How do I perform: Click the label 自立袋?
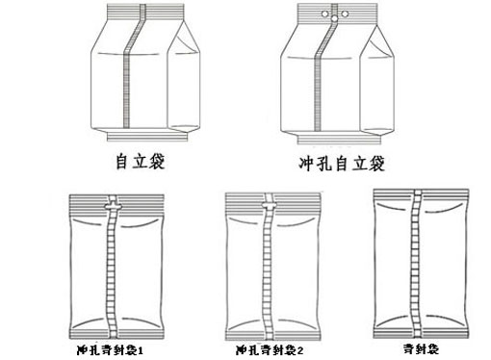coord(138,158)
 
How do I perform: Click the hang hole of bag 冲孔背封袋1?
coord(114,205)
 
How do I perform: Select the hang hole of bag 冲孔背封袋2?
coord(271,205)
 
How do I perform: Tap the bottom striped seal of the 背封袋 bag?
coord(415,323)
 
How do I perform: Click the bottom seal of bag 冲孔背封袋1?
coord(114,326)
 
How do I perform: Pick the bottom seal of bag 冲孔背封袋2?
coord(272,326)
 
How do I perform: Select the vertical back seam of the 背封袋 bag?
coord(415,260)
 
